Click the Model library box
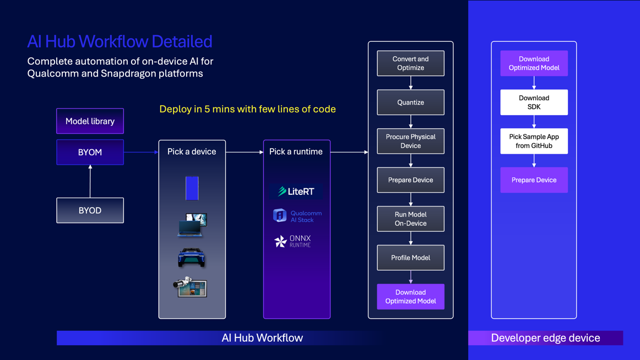click(x=90, y=121)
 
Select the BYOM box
click(x=90, y=152)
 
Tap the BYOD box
click(x=90, y=210)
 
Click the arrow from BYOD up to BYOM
click(x=90, y=181)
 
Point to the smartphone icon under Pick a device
click(x=192, y=188)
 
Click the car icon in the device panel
click(x=192, y=257)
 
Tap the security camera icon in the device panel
click(x=190, y=287)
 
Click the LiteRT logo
click(x=296, y=192)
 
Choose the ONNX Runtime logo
click(x=293, y=241)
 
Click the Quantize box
click(x=410, y=102)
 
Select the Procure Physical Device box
click(x=410, y=141)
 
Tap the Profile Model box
click(x=410, y=258)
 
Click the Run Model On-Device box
click(x=410, y=219)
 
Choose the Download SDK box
click(x=534, y=102)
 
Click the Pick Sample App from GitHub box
click(x=534, y=141)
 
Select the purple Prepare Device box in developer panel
click(x=534, y=180)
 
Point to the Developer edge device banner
click(x=545, y=338)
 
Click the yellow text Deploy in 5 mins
click(x=247, y=109)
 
